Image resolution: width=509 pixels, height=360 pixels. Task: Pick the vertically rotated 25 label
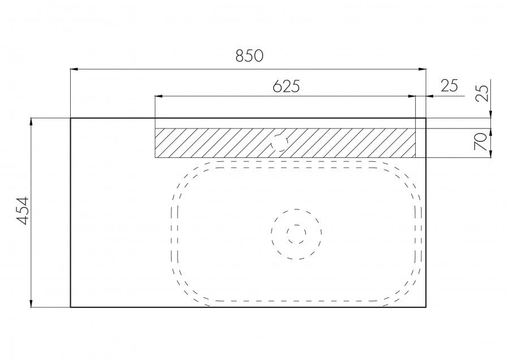481,93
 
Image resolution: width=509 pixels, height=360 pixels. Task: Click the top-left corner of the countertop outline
70,118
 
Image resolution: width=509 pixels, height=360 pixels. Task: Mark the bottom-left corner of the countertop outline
70,307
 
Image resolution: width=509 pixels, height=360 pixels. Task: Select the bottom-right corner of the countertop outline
426,307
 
